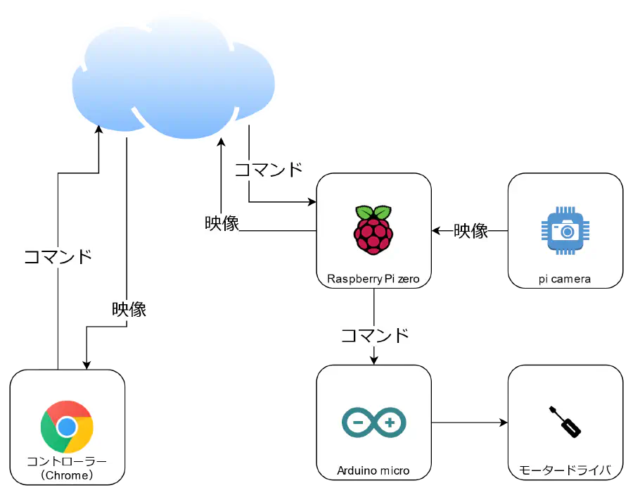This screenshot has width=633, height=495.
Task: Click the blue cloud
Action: (x=174, y=79)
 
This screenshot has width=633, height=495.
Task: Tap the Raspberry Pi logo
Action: (x=373, y=230)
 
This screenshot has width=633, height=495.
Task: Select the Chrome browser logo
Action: (x=67, y=427)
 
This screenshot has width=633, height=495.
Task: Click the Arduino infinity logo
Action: (x=374, y=422)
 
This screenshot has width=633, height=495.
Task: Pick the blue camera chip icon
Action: (x=565, y=231)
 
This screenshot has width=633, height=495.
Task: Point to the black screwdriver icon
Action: (x=565, y=422)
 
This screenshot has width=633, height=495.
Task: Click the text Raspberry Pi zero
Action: (x=373, y=279)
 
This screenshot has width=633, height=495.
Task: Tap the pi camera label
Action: (x=564, y=280)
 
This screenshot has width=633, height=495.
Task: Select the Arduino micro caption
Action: (x=373, y=471)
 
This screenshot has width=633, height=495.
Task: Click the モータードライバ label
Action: (x=565, y=470)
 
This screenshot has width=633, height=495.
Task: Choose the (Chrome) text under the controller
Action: (x=67, y=475)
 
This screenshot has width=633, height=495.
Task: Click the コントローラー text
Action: (x=67, y=461)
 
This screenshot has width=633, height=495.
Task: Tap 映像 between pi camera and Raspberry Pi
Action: (x=471, y=231)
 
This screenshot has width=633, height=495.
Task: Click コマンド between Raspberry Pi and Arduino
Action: (x=375, y=335)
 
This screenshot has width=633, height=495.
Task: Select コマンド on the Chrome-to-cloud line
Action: (x=58, y=256)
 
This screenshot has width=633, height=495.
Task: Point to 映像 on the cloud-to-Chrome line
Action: (x=129, y=310)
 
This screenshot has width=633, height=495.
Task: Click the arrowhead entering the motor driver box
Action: (x=504, y=422)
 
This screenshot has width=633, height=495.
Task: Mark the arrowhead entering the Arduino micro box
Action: (x=374, y=361)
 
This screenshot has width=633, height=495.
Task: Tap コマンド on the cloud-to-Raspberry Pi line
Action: (x=269, y=169)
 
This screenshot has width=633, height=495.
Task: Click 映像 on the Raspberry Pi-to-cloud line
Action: (x=222, y=223)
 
